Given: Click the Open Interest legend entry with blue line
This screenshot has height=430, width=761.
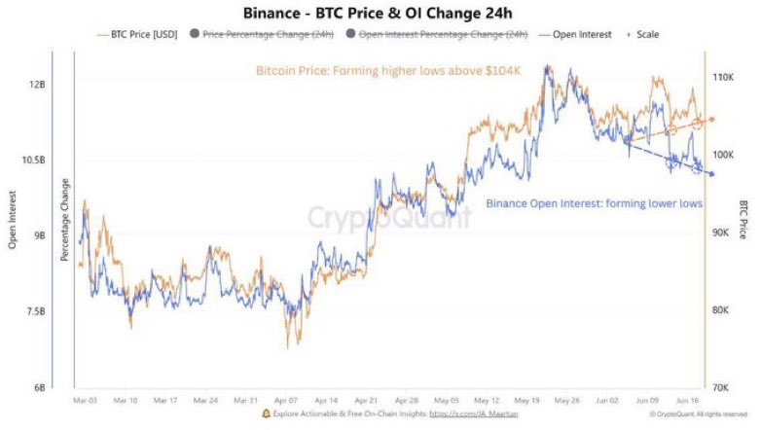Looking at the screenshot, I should point(581,34).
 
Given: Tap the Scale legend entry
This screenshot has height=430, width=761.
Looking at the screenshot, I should point(646,34).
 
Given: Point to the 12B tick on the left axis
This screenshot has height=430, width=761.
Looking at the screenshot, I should point(38,85).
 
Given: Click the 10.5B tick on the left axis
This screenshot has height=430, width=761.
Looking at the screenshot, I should point(35,160).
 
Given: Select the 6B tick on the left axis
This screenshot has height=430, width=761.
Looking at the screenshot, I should point(40,387).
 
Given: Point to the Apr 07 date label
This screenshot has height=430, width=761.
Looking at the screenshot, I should point(286,400).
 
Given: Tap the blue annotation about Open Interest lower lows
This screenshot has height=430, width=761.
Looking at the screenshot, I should point(593,203).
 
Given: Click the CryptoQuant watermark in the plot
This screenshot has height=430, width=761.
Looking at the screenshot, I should point(389,219).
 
